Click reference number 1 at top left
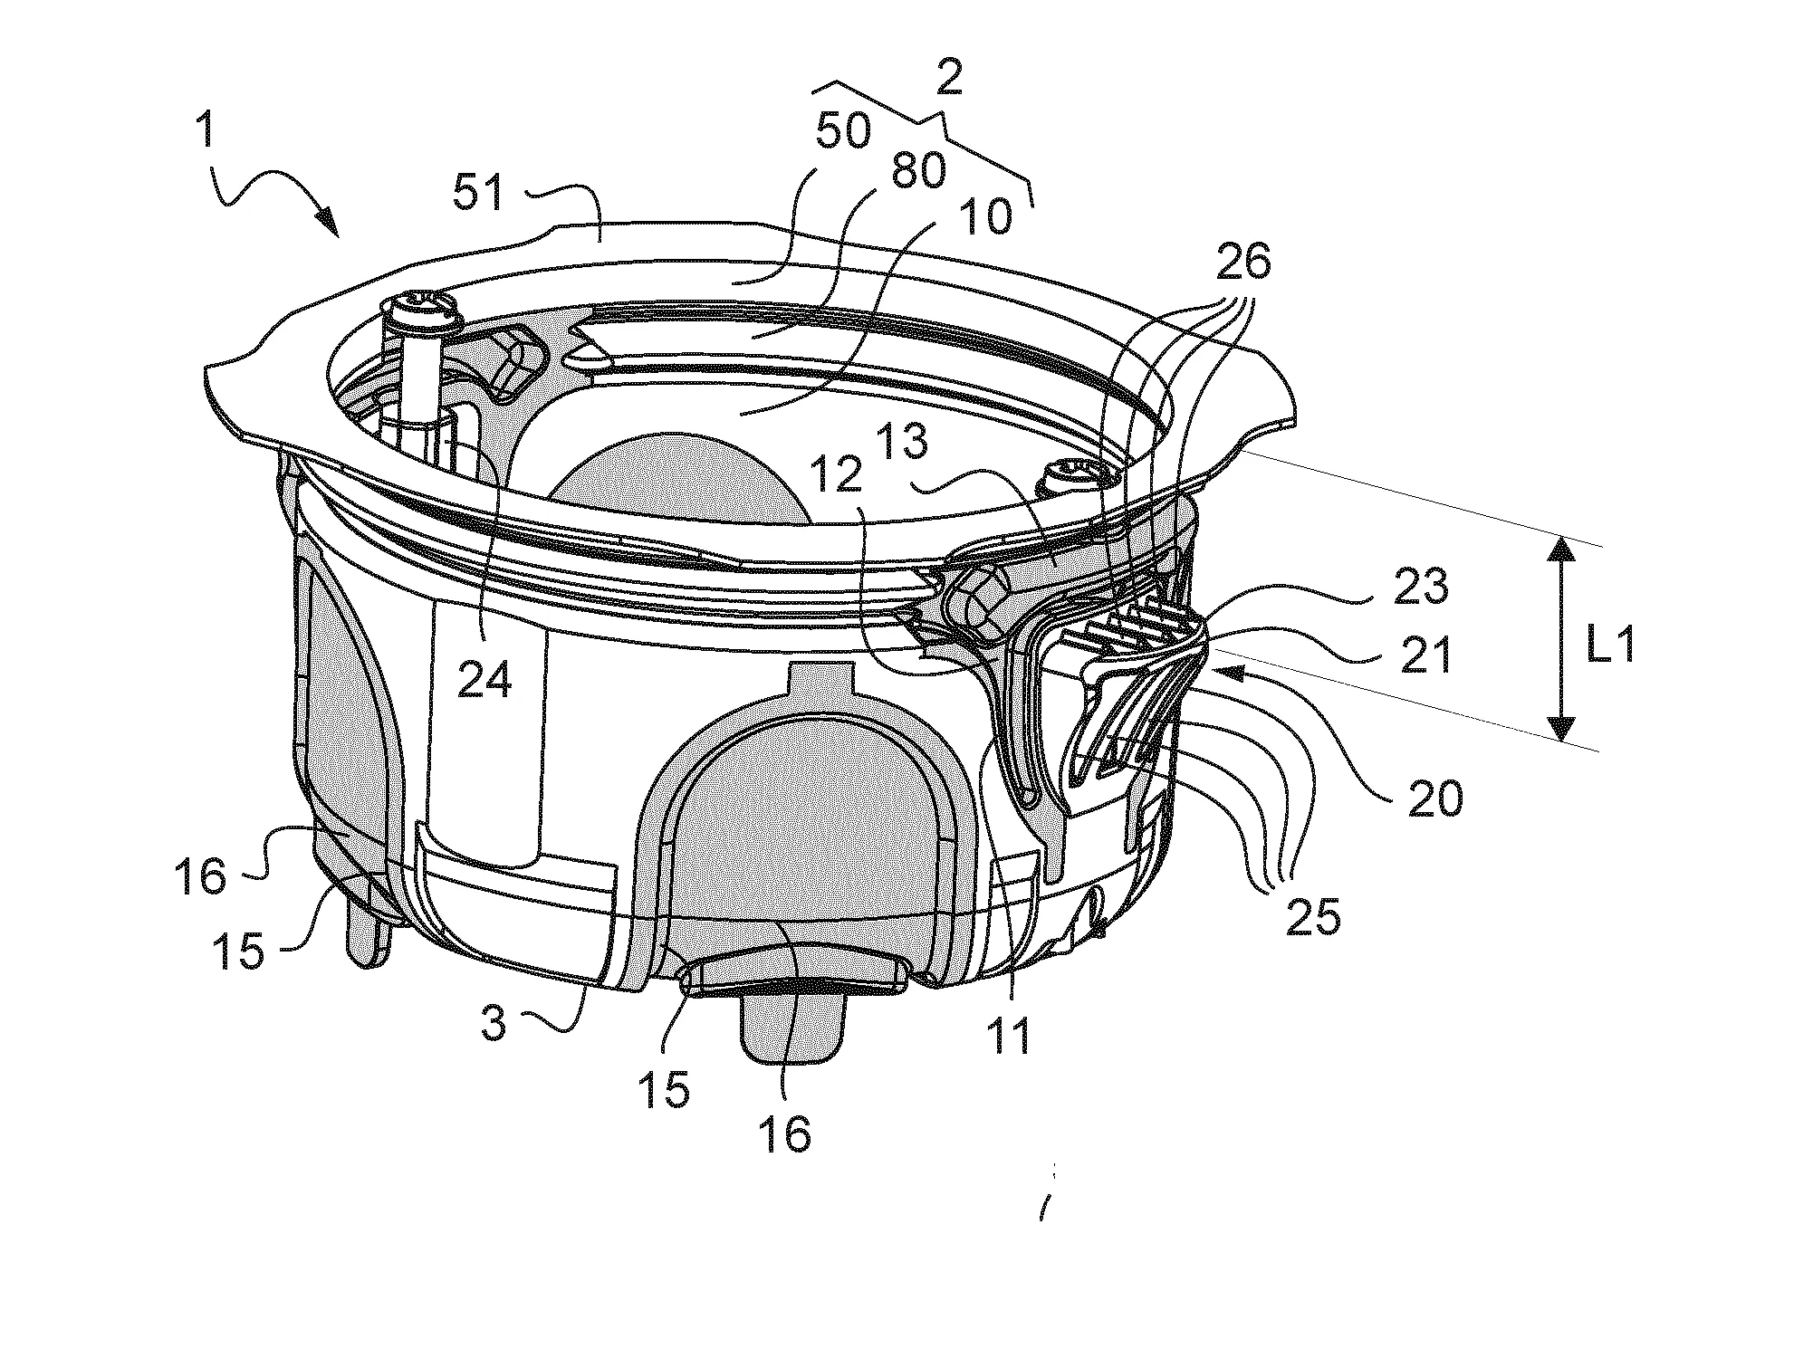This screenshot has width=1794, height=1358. (x=207, y=132)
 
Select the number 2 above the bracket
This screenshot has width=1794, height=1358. (x=949, y=81)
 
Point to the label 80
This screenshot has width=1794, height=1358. (x=918, y=169)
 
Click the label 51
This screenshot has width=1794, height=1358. (x=478, y=193)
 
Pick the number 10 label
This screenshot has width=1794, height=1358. (x=986, y=217)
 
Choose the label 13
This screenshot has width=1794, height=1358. (x=902, y=442)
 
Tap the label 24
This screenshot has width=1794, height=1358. (x=484, y=678)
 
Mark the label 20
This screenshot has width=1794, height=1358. (x=1436, y=800)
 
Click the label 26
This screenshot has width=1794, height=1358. (x=1242, y=262)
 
